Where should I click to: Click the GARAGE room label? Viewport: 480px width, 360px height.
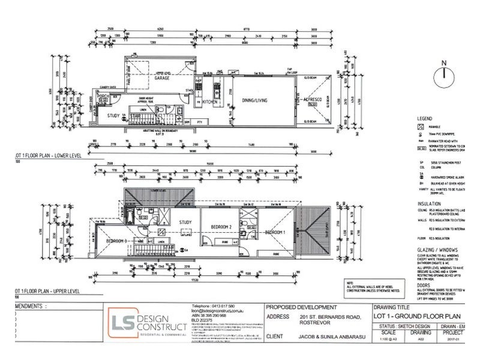pos(161,78)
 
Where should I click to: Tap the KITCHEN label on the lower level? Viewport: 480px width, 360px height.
pos(209,103)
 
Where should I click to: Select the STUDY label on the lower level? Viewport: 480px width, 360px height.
pos(113,116)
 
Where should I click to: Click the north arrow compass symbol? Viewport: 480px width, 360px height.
pos(443,73)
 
